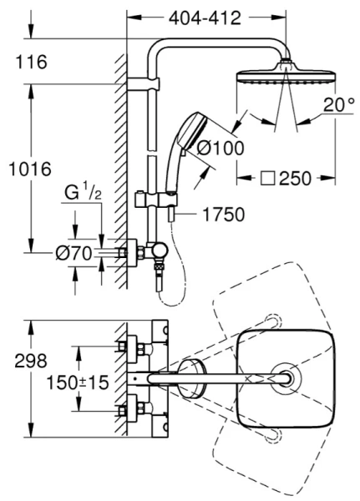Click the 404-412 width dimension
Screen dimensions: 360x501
point(205,18)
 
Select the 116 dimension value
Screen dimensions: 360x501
point(32,62)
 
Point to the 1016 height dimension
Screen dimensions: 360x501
point(30,169)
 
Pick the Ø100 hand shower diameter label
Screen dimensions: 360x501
point(221,149)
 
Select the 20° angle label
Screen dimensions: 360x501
point(338,104)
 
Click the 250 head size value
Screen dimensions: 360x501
point(295,179)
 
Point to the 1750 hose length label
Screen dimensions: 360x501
point(224,215)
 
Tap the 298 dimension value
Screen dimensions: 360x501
point(32,361)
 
